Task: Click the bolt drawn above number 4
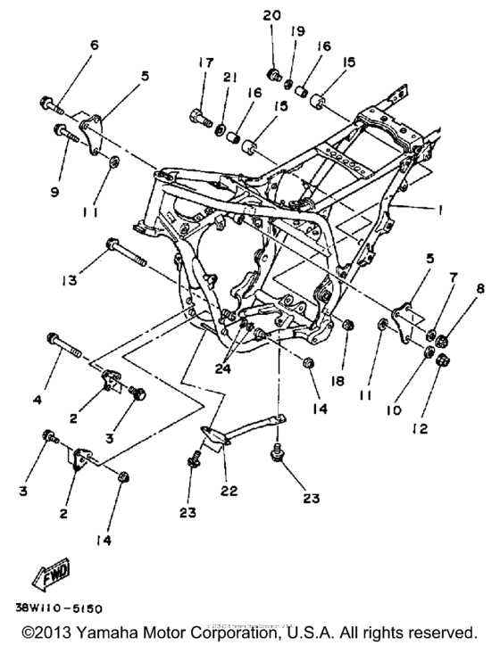point(63,343)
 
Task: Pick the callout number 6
point(94,45)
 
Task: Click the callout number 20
point(273,15)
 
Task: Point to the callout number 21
point(229,79)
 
